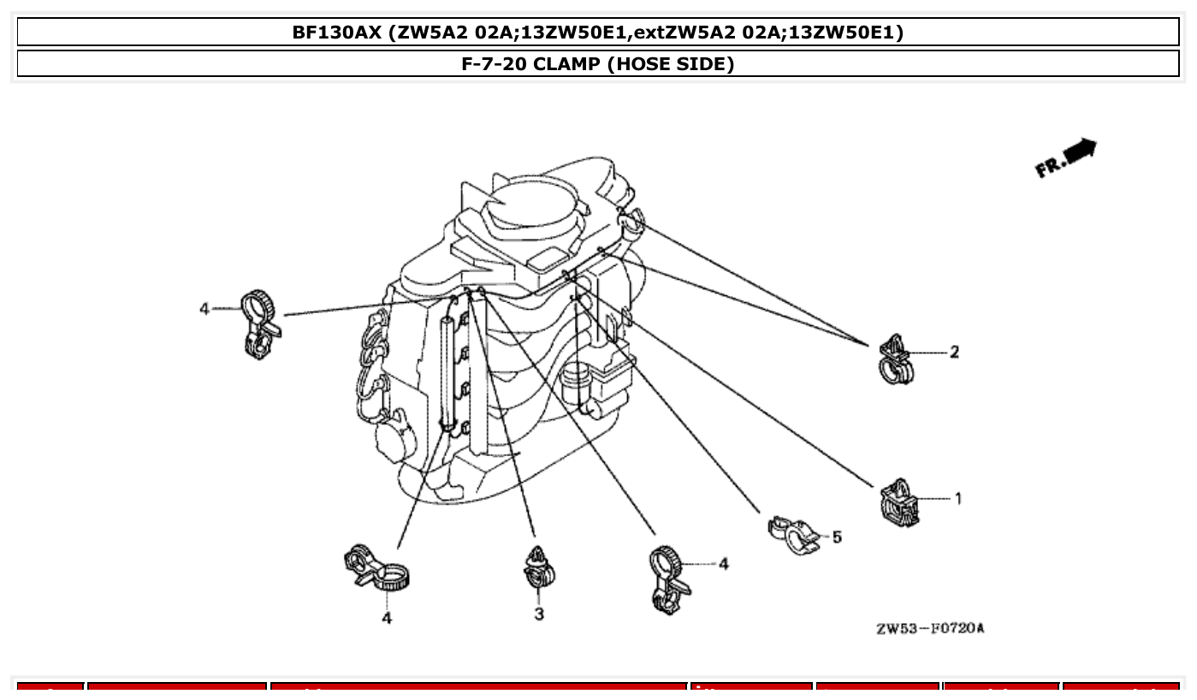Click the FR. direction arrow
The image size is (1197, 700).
1068,157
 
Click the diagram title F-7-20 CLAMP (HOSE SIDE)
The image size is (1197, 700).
597,64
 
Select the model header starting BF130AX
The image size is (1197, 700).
597,33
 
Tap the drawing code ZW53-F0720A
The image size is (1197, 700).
929,629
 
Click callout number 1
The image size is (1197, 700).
958,498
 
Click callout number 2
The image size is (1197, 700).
954,352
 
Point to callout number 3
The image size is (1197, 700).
539,614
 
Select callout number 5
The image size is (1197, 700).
837,537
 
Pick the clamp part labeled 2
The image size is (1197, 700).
895,359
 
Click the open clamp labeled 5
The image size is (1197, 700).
792,534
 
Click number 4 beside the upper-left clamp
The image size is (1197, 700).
204,308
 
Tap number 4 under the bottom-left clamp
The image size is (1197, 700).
387,617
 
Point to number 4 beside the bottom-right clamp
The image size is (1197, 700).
723,563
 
